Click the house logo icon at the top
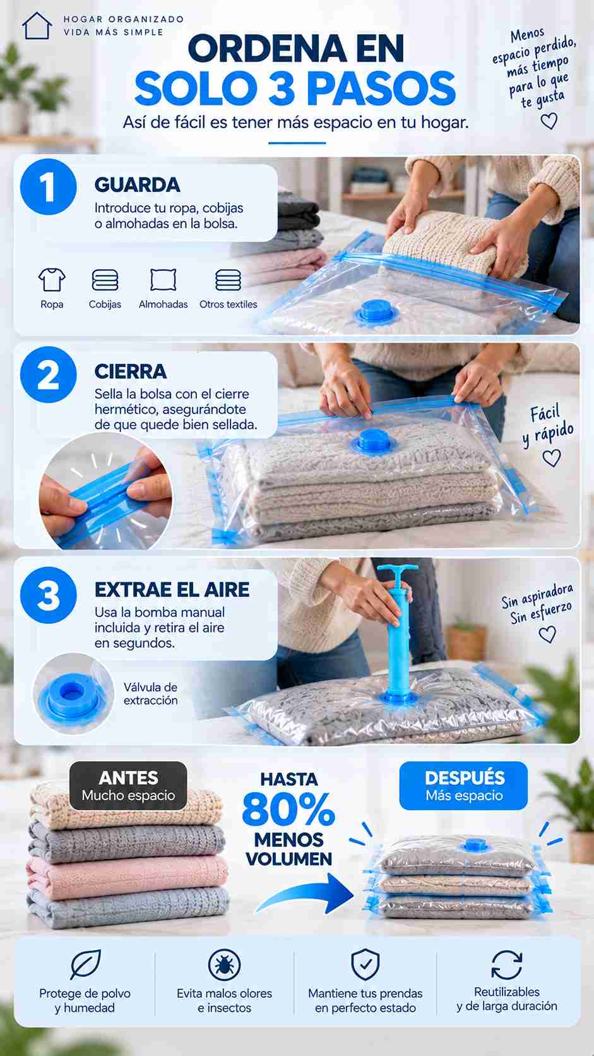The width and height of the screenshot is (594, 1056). [x=37, y=25]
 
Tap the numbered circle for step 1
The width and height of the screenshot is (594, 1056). [x=48, y=187]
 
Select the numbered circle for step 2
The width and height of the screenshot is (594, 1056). [x=48, y=375]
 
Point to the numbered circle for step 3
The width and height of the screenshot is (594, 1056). [x=48, y=595]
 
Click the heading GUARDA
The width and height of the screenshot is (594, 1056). [x=137, y=185]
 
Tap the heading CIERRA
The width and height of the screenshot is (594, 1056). [x=131, y=371]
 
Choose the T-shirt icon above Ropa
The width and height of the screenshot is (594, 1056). [x=52, y=280]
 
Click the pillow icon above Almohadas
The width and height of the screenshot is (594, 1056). [x=163, y=280]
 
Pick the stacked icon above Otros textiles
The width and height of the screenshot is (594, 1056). [x=228, y=280]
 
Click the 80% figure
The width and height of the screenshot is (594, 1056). [x=288, y=810]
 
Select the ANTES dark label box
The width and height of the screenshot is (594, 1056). [x=128, y=786]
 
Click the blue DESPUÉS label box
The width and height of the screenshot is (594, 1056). [x=463, y=786]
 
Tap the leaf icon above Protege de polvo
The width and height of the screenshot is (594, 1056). [x=85, y=964]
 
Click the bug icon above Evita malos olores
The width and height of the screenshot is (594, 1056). [x=224, y=964]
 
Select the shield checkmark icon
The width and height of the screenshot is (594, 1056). [x=365, y=964]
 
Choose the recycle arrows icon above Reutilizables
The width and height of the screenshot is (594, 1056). [x=506, y=964]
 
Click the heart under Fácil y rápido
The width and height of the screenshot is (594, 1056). [x=552, y=458]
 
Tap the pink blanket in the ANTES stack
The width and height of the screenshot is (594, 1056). [x=127, y=876]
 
